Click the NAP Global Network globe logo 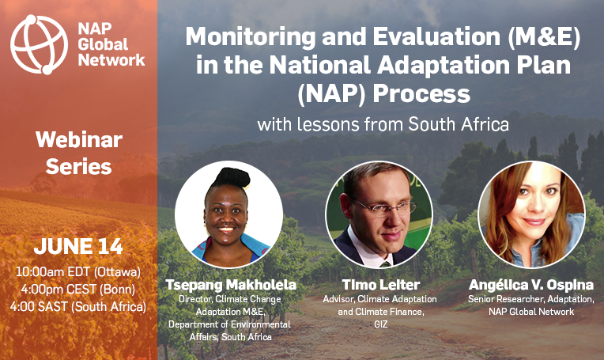(x=40, y=45)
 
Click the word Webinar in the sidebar (x=79, y=139)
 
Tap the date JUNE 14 (x=78, y=246)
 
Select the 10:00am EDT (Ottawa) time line (x=78, y=272)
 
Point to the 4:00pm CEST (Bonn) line (x=78, y=290)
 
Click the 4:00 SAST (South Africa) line (x=78, y=307)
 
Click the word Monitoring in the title (x=251, y=37)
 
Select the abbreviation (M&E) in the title (x=544, y=37)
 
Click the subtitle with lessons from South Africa (x=383, y=124)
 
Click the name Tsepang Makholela (x=231, y=285)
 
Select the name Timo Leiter (x=380, y=285)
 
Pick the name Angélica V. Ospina (x=531, y=285)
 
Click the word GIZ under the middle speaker (x=380, y=324)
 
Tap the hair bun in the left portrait (x=232, y=177)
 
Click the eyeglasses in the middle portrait (x=385, y=208)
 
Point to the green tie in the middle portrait (x=386, y=264)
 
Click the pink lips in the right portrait (x=534, y=222)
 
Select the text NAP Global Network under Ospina (x=531, y=312)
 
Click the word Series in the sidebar (x=78, y=166)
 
